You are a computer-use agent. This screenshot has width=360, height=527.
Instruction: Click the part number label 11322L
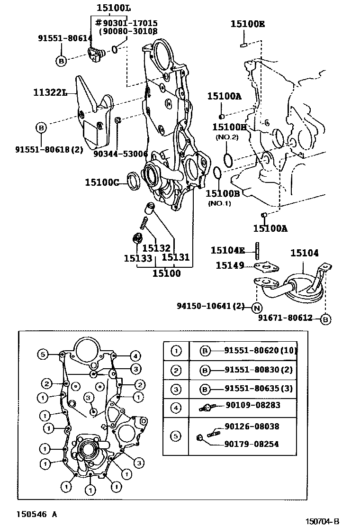(x=49, y=92)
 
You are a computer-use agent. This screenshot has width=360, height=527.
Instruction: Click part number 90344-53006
(x=120, y=154)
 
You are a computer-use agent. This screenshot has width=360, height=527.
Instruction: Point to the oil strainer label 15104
(x=304, y=254)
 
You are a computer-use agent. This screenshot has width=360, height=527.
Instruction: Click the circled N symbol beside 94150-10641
(x=256, y=308)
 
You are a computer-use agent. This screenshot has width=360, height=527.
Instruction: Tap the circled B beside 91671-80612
(x=325, y=319)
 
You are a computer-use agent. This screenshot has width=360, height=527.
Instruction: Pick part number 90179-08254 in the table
(x=252, y=444)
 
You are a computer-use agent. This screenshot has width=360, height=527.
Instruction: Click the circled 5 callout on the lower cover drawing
(x=43, y=354)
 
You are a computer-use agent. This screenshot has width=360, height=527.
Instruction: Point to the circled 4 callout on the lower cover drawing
(x=135, y=355)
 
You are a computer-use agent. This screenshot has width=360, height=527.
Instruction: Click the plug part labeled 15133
(x=138, y=239)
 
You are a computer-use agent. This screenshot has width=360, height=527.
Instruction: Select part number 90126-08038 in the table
(x=252, y=427)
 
